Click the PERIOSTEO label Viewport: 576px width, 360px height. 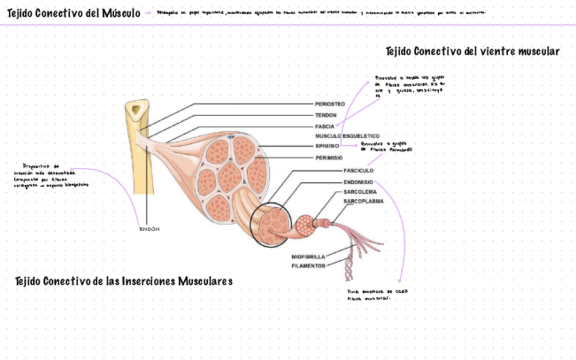(329, 104)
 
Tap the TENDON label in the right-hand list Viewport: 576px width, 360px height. (325, 115)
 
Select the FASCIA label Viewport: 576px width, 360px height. (324, 126)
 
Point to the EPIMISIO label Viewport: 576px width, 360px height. (327, 146)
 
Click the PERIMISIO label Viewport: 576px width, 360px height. (329, 157)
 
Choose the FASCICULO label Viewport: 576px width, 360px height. (359, 170)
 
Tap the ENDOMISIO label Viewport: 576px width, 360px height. (359, 182)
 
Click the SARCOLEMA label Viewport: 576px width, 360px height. (359, 192)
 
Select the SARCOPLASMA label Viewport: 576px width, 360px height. (363, 202)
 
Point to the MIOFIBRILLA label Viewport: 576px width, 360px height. (308, 257)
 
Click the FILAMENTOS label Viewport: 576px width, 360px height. (308, 266)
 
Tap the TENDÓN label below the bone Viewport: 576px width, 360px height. (149, 229)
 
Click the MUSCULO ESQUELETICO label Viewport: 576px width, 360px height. (346, 136)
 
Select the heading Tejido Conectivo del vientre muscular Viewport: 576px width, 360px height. (472, 51)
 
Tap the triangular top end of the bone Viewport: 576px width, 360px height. (139, 108)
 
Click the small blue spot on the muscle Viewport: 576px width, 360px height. (230, 137)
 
